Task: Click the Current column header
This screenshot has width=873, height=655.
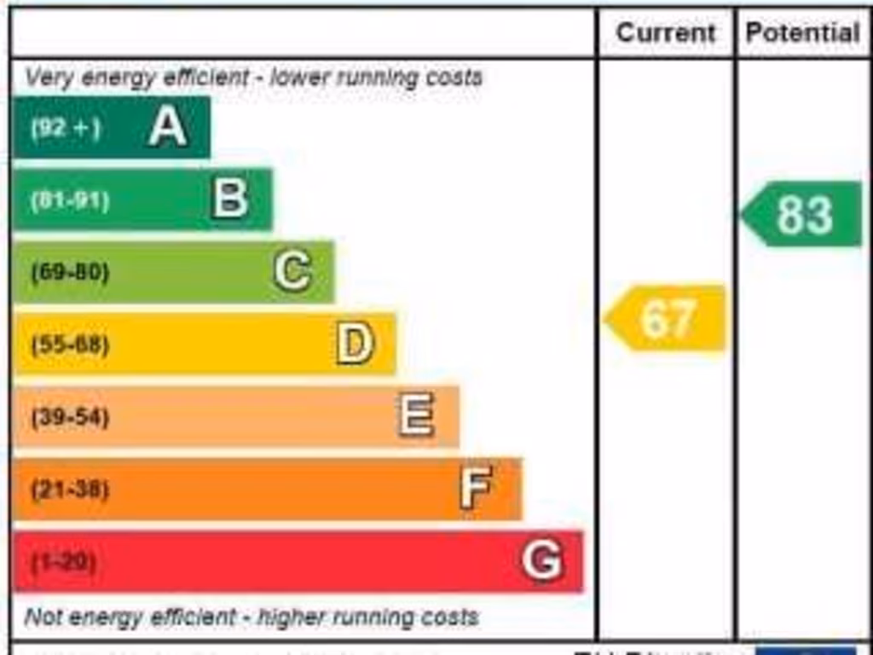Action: pos(666,33)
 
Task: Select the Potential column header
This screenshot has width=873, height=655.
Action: pos(802,33)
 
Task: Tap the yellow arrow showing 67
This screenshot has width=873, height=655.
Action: pos(667,318)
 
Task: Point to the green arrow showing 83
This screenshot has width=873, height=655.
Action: pos(802,214)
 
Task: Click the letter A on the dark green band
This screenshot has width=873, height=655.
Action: pos(168,128)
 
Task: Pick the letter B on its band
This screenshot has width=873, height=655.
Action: pos(230,199)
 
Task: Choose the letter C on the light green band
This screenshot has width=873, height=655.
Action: pos(292,272)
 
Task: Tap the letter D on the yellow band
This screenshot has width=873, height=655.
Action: pos(355,345)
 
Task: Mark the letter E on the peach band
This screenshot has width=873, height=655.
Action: pos(416,416)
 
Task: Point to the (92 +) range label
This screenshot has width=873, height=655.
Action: pos(66,128)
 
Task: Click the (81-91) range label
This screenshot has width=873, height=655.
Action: pos(70,201)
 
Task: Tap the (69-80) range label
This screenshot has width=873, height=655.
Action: pos(70,273)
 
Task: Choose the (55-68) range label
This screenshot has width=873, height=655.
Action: pos(70,345)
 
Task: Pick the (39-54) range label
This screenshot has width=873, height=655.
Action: pos(70,418)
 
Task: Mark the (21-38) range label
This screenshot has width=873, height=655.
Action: pos(70,490)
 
